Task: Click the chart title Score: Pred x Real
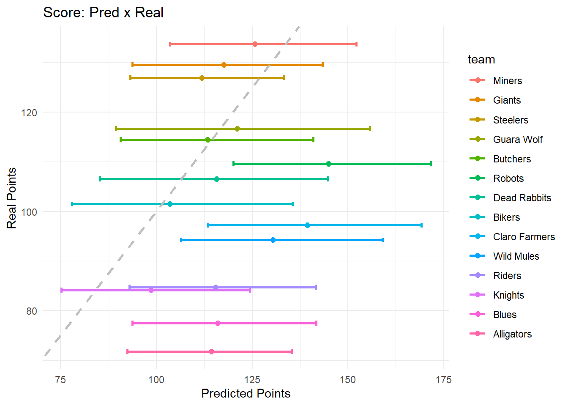pyautogui.click(x=103, y=13)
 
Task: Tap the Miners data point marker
pyautogui.click(x=255, y=44)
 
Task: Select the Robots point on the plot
pyautogui.click(x=328, y=164)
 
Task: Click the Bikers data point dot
pyautogui.click(x=170, y=204)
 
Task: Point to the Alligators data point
pyautogui.click(x=211, y=351)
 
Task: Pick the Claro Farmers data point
pyautogui.click(x=307, y=225)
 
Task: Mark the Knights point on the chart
pyautogui.click(x=151, y=291)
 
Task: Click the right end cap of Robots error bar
pyautogui.click(x=431, y=164)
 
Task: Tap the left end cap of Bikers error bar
pyautogui.click(x=72, y=204)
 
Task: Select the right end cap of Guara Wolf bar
pyautogui.click(x=370, y=129)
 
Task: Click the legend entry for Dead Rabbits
pyautogui.click(x=522, y=198)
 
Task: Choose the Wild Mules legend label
pyautogui.click(x=516, y=256)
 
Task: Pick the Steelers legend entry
pyautogui.click(x=511, y=120)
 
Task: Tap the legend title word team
pyautogui.click(x=481, y=60)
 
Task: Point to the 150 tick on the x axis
pyautogui.click(x=348, y=380)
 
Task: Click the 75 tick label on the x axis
pyautogui.click(x=60, y=380)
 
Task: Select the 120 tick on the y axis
pyautogui.click(x=29, y=113)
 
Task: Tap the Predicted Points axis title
pyautogui.click(x=246, y=393)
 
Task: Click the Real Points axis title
pyautogui.click(x=12, y=198)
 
